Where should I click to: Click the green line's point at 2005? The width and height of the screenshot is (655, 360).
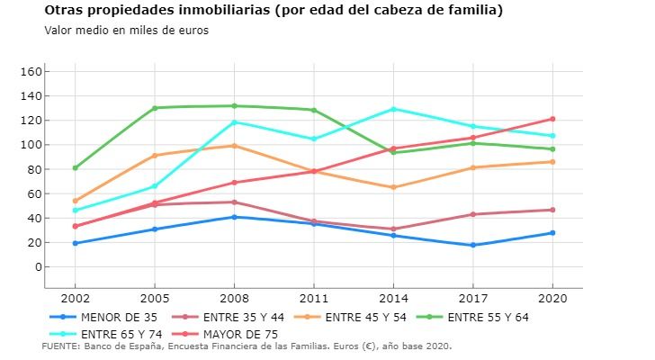click(x=155, y=108)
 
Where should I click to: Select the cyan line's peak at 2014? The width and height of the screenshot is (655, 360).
click(x=393, y=109)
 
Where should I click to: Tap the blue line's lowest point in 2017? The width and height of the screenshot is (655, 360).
click(x=472, y=245)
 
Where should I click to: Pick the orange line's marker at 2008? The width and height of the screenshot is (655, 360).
click(x=234, y=146)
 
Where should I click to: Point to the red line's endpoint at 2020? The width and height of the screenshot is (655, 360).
click(x=552, y=119)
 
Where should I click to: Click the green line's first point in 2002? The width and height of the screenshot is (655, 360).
click(x=75, y=167)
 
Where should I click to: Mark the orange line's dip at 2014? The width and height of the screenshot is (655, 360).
click(x=393, y=187)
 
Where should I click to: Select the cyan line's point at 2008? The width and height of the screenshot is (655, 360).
click(x=234, y=122)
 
